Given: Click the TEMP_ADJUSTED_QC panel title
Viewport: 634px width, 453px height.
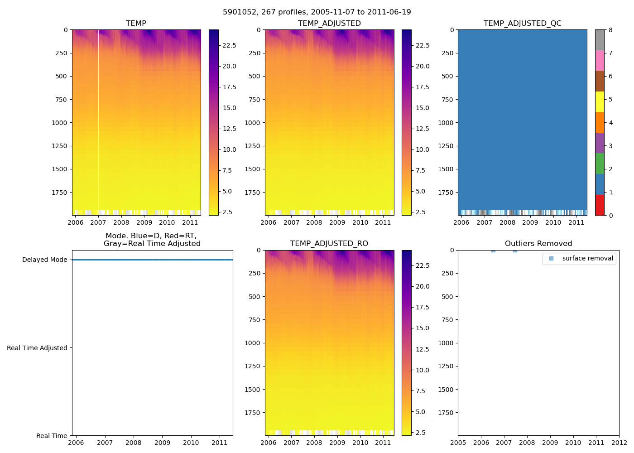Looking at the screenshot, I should pos(522,24).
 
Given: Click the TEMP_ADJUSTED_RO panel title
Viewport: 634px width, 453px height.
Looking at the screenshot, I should pos(329,244).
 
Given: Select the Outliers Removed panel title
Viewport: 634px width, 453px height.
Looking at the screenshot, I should pos(538,244).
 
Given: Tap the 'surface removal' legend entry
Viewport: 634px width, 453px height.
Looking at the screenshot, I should pos(587,259).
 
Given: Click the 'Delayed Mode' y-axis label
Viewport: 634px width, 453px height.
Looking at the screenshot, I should pos(44,260).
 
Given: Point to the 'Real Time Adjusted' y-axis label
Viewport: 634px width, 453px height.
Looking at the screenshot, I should pos(37,348).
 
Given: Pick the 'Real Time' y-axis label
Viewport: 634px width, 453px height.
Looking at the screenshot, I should pos(52,436).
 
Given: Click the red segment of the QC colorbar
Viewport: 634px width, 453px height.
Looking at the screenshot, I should pos(600,205).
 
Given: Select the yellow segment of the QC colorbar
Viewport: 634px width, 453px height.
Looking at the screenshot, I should pos(600,101).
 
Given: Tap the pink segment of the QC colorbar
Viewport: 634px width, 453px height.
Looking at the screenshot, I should pos(600,60).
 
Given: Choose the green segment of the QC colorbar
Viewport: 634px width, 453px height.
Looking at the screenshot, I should pos(600,164).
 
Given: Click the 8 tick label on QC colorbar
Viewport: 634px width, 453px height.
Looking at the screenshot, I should pos(610,30).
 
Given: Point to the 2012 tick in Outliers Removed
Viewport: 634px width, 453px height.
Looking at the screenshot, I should pos(619,443).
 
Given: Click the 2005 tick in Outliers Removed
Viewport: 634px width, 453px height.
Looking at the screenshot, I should pos(458,443).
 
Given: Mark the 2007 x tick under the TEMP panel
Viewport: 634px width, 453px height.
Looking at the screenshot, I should pos(98,222).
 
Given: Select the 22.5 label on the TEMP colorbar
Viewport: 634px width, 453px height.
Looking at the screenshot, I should pos(229,45).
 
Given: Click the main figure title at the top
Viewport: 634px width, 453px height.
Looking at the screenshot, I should pos(317,12).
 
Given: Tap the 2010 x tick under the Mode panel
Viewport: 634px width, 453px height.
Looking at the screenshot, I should pos(191,443).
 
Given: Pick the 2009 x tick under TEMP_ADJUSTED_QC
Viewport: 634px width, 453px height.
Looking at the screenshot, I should pos(530,222).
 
